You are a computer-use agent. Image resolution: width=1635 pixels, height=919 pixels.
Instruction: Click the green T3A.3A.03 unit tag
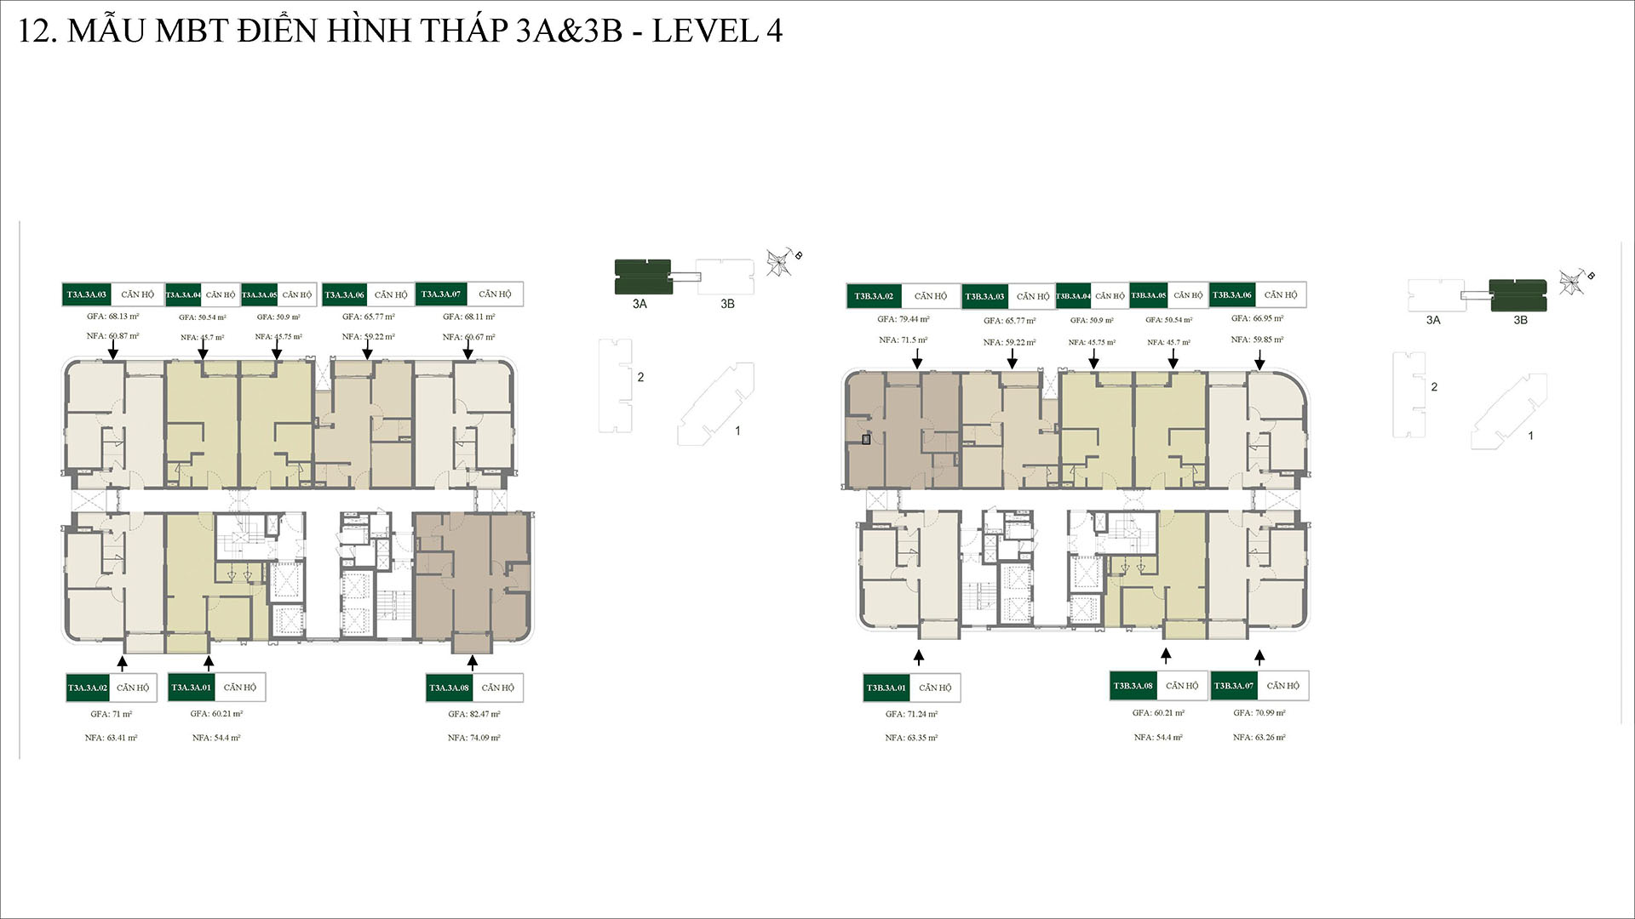pos(87,294)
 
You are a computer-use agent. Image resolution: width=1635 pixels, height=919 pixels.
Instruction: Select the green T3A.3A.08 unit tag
pos(449,688)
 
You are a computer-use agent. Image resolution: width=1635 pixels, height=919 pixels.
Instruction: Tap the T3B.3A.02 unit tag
pos(874,296)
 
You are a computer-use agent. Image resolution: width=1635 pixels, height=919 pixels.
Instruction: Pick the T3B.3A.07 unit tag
pos(1233,686)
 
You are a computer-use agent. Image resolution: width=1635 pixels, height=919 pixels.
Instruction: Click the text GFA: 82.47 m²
pos(474,714)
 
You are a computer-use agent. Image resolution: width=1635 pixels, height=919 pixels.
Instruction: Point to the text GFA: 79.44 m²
pos(904,319)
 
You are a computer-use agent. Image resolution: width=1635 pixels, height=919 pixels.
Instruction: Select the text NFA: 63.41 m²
pos(111,738)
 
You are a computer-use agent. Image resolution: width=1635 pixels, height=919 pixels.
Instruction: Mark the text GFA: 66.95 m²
pos(1257,318)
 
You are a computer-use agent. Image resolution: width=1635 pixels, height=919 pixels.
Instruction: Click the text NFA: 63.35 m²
pos(911,738)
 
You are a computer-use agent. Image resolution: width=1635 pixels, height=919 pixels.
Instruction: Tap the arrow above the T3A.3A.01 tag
pos(209,663)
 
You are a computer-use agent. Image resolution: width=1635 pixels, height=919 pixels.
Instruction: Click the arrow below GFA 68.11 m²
pos(468,350)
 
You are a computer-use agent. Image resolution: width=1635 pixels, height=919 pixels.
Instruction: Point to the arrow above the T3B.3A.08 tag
pos(1166,655)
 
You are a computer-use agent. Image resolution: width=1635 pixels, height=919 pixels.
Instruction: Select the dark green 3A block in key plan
pos(643,277)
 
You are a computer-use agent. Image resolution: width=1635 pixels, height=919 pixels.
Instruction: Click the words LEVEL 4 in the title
pos(717,31)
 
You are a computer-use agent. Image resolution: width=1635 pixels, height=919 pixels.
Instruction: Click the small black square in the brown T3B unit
pos(866,440)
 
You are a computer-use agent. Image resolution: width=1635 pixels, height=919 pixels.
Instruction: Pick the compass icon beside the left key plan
pos(780,262)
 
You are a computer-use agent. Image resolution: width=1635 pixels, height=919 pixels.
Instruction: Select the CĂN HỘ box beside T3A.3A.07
pos(495,294)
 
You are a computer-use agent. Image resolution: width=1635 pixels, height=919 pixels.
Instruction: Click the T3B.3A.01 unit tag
pos(886,688)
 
